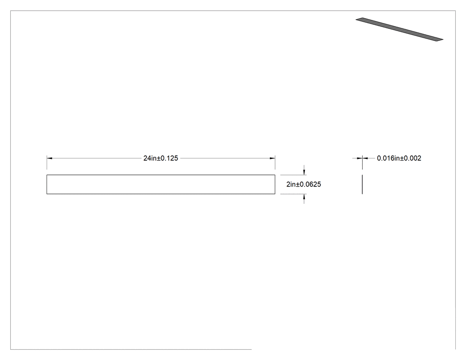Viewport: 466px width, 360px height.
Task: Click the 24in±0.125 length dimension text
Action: pyautogui.click(x=161, y=158)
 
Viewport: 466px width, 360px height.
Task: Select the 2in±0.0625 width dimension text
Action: pyautogui.click(x=304, y=184)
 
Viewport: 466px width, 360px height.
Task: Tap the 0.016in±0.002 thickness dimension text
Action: pyautogui.click(x=399, y=158)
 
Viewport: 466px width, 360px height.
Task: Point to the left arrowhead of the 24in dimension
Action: pyautogui.click(x=50, y=158)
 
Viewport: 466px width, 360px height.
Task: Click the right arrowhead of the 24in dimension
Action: pyautogui.click(x=272, y=158)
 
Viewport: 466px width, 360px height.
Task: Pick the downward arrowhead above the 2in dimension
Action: pyautogui.click(x=304, y=172)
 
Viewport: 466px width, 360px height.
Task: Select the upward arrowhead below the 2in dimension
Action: pyautogui.click(x=304, y=197)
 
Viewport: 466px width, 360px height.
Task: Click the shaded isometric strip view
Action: pyautogui.click(x=399, y=29)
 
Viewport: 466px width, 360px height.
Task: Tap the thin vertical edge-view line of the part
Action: pyautogui.click(x=362, y=184)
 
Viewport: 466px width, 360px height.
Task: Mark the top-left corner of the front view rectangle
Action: pyautogui.click(x=47, y=175)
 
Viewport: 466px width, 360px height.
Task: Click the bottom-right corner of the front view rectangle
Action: pyautogui.click(x=275, y=194)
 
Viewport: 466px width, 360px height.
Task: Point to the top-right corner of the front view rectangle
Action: pyautogui.click(x=275, y=175)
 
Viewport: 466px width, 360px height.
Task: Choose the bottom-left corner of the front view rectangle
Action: pyautogui.click(x=47, y=194)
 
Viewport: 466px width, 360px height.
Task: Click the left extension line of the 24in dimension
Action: pyautogui.click(x=47, y=162)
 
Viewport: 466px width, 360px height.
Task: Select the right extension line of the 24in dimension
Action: pyautogui.click(x=275, y=162)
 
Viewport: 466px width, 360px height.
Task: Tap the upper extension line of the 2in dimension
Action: pyautogui.click(x=293, y=175)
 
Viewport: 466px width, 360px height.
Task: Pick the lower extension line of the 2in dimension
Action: pyautogui.click(x=293, y=194)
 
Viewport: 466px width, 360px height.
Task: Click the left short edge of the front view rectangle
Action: pyautogui.click(x=47, y=184)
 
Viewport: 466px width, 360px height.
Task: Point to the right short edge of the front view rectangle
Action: pyautogui.click(x=275, y=184)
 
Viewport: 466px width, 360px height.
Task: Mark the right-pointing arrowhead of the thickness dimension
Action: pyautogui.click(x=359, y=158)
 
